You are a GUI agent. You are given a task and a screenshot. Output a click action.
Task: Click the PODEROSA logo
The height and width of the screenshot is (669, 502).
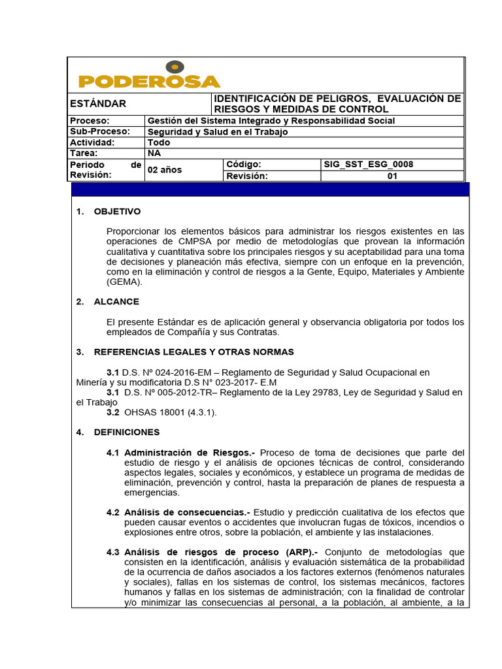click(x=149, y=76)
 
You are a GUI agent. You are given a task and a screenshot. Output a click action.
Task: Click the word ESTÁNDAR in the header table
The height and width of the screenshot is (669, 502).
click(x=98, y=104)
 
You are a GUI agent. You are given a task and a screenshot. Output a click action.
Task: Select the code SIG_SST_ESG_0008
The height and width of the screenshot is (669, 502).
click(x=369, y=165)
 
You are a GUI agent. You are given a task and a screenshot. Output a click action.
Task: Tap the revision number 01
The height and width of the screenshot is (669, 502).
click(x=392, y=176)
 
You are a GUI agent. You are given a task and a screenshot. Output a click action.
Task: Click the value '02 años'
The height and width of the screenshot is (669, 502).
click(x=165, y=170)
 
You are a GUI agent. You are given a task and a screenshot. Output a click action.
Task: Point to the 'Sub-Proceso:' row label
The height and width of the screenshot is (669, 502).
click(x=100, y=132)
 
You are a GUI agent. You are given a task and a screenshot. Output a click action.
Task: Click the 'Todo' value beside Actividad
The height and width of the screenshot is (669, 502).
click(x=159, y=142)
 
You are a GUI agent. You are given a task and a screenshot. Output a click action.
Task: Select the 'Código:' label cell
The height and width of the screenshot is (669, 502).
click(x=244, y=165)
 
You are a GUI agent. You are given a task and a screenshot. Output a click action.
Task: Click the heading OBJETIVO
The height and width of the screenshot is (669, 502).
click(x=117, y=212)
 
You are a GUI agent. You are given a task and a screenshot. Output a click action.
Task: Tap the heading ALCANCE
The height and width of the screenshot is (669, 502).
click(x=116, y=302)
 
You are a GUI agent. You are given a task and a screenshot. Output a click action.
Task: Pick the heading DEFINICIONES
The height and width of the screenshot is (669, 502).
click(x=127, y=432)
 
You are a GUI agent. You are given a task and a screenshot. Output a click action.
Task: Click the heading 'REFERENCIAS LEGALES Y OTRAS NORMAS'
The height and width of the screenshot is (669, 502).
click(x=194, y=352)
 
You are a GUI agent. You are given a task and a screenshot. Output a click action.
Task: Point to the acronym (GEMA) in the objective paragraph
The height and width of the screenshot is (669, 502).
click(x=124, y=282)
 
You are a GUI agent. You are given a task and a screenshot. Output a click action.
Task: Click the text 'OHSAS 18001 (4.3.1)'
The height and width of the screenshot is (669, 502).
click(x=170, y=413)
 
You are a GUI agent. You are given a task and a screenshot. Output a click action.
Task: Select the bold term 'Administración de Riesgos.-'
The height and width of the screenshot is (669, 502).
click(x=190, y=453)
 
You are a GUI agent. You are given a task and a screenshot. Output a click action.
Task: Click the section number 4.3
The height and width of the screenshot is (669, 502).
click(x=113, y=552)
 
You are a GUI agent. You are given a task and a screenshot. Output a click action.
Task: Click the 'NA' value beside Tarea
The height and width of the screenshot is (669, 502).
click(x=154, y=154)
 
